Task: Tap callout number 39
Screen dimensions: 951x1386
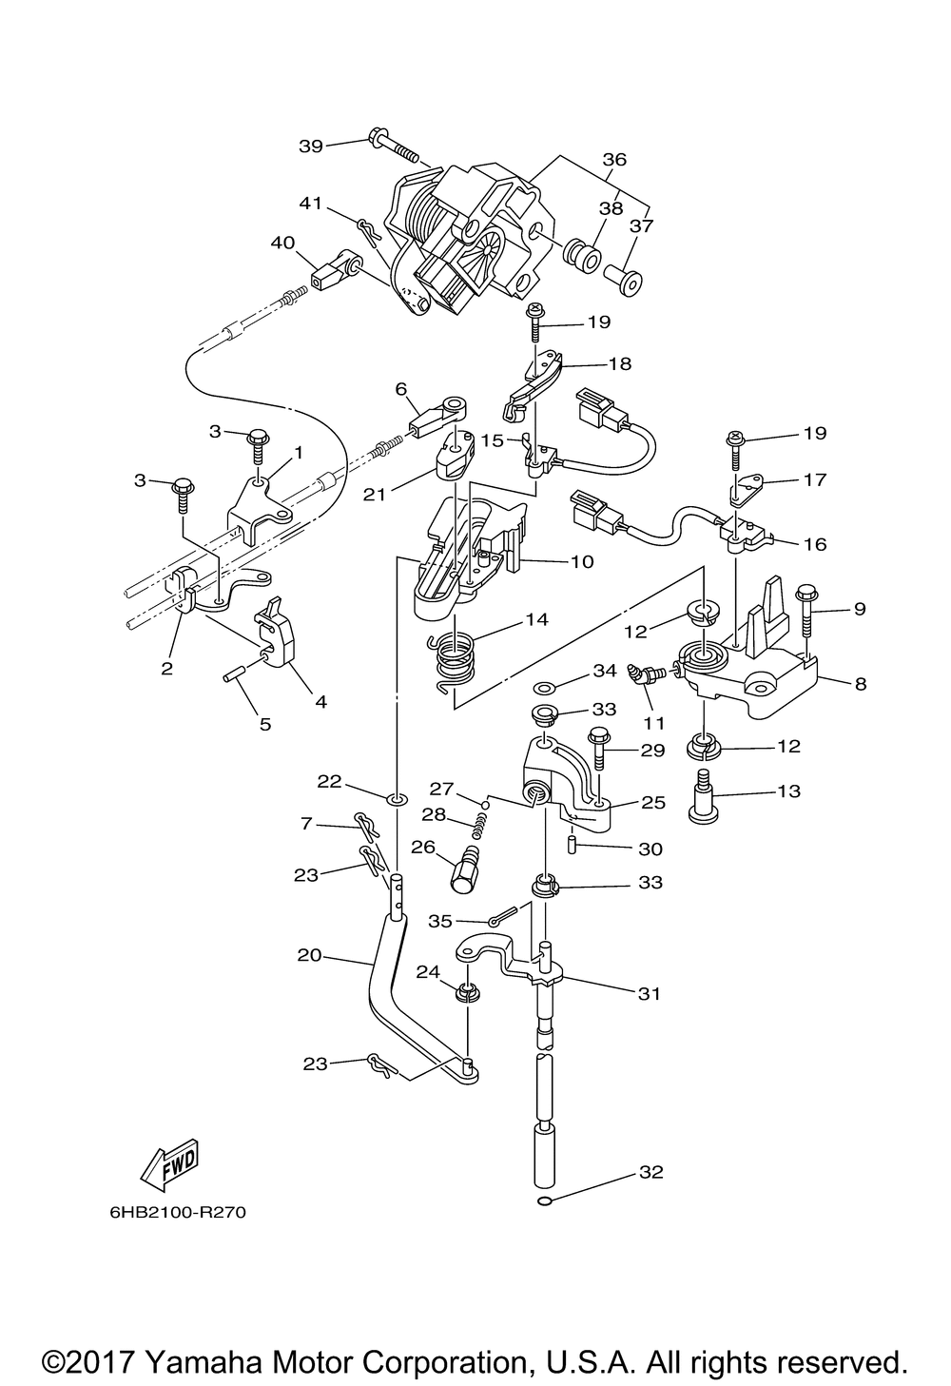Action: [311, 146]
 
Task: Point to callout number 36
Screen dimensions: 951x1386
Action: [614, 159]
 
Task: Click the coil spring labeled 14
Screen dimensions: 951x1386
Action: [454, 658]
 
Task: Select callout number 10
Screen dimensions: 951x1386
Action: [582, 562]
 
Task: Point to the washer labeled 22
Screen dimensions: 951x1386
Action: [398, 799]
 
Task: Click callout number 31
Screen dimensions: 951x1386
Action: [649, 994]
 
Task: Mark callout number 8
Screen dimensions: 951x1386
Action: [860, 684]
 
